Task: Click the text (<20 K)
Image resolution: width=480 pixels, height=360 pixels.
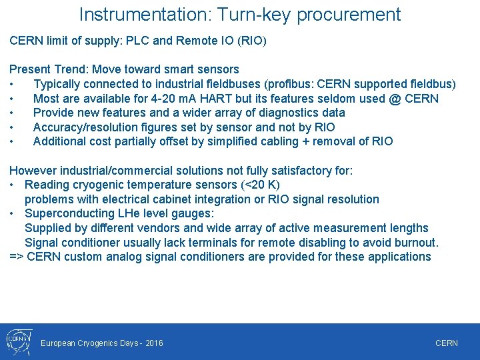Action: tap(257, 185)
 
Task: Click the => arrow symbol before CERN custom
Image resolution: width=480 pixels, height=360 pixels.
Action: tap(17, 257)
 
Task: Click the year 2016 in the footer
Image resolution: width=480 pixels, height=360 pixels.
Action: tap(153, 343)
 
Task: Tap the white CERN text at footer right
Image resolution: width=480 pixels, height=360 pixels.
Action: tap(446, 343)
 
